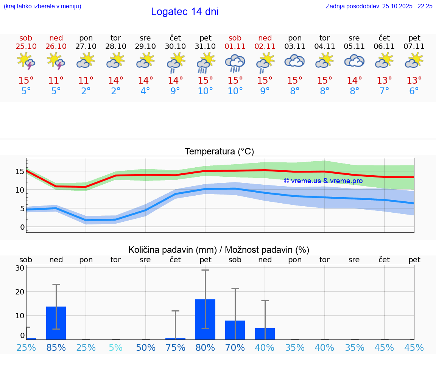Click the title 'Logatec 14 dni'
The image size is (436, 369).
point(185,12)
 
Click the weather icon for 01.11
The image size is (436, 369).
point(235,62)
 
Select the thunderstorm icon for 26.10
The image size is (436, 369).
point(56,61)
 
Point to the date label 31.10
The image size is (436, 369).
point(205,47)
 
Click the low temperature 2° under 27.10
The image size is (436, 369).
point(86,91)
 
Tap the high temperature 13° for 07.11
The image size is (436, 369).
point(414,81)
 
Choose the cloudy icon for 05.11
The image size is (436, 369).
point(354,61)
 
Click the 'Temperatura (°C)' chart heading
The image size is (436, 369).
point(219,152)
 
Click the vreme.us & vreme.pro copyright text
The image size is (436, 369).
point(323,181)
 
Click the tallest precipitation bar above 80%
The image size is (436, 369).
point(205,319)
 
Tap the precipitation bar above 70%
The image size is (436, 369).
point(235,330)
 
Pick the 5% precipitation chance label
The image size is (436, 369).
point(116,348)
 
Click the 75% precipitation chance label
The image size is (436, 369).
point(175,348)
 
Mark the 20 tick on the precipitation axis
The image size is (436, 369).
point(20,292)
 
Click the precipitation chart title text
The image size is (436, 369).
point(219,250)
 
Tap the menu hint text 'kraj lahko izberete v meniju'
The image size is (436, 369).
point(42,6)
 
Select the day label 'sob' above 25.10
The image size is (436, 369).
point(26,38)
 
